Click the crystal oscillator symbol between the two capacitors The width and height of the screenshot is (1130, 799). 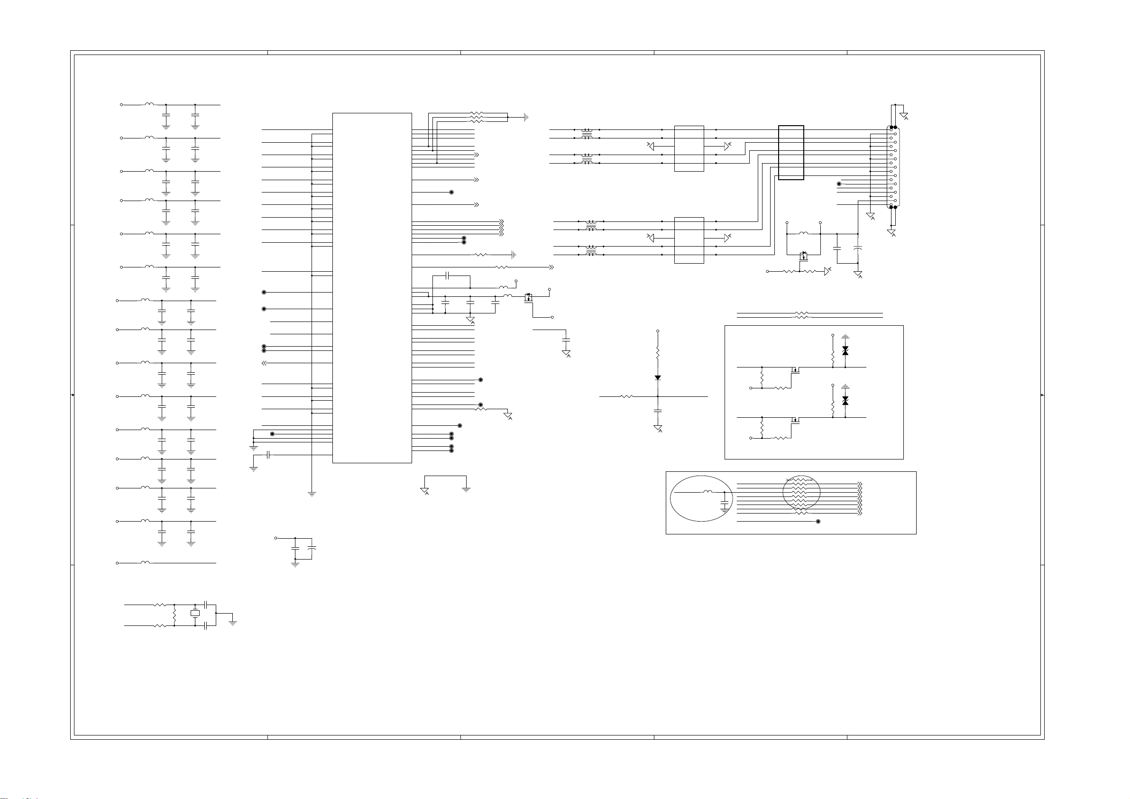(x=195, y=613)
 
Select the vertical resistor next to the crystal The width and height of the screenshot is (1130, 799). (x=175, y=615)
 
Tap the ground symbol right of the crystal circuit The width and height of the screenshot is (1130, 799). (x=233, y=622)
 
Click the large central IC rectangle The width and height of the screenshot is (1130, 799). (x=372, y=287)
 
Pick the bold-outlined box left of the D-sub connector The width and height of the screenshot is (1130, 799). (x=791, y=153)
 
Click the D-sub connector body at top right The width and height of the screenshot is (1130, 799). (x=893, y=167)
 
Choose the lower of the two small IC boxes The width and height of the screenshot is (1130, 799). (x=689, y=240)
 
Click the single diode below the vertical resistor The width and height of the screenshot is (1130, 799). (x=658, y=377)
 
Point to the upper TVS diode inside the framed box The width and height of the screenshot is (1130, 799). (x=845, y=350)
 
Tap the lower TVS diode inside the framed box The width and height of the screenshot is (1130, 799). (x=845, y=401)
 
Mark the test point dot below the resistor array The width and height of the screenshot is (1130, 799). (x=818, y=521)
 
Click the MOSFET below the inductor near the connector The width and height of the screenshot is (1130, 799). (x=804, y=256)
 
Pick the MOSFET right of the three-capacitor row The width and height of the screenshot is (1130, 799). (x=529, y=297)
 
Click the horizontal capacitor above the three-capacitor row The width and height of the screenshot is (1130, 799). (x=447, y=276)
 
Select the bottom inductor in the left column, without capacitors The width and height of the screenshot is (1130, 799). (x=145, y=562)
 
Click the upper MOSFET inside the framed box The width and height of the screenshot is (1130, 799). (x=794, y=370)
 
